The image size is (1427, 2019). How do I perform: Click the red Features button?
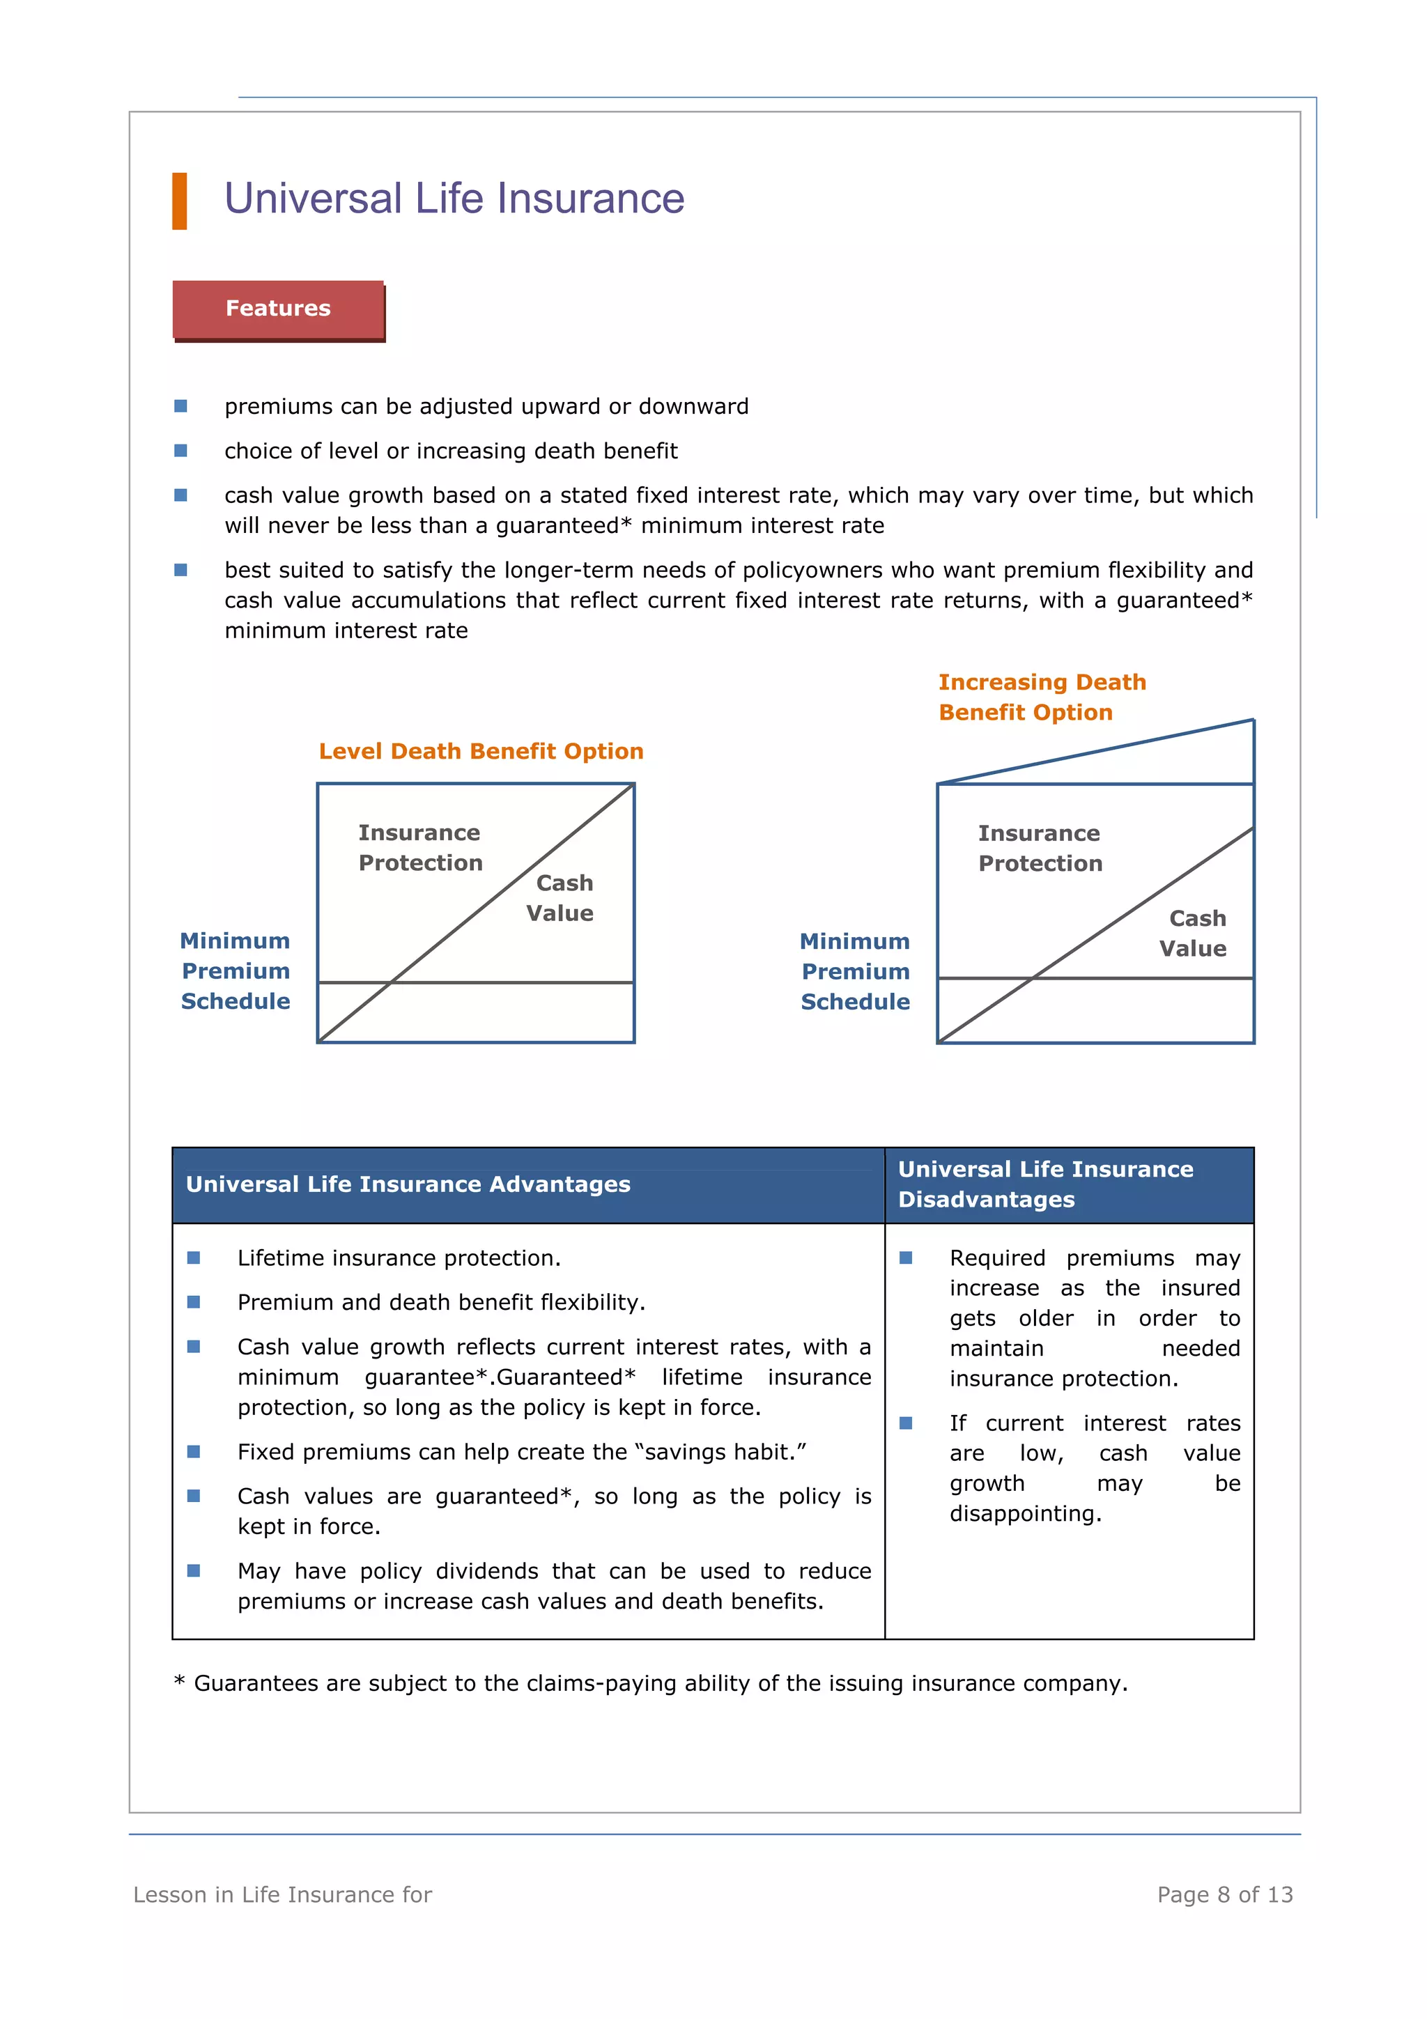click(x=278, y=309)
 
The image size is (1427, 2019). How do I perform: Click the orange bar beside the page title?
click(x=179, y=201)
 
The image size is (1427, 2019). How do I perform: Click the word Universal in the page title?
click(x=313, y=199)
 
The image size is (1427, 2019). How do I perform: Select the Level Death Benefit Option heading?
click(x=481, y=751)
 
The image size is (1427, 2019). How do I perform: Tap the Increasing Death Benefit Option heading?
click(x=1041, y=697)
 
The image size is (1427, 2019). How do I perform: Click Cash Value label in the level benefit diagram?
click(x=561, y=898)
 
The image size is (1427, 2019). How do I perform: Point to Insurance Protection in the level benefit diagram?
click(x=420, y=848)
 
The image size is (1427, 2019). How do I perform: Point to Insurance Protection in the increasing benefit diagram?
click(x=1040, y=849)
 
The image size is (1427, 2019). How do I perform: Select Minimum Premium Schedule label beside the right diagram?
click(x=856, y=972)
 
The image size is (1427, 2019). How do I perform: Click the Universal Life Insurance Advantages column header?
click(x=408, y=1184)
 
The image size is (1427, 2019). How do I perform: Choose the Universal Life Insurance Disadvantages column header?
click(x=1044, y=1184)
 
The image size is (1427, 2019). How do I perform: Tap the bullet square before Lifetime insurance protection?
click(x=194, y=1258)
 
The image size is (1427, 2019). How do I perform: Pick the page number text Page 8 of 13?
click(x=1224, y=1894)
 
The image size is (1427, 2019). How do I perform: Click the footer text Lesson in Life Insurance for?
click(x=282, y=1894)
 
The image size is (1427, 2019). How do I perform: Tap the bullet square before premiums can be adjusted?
click(x=180, y=405)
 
